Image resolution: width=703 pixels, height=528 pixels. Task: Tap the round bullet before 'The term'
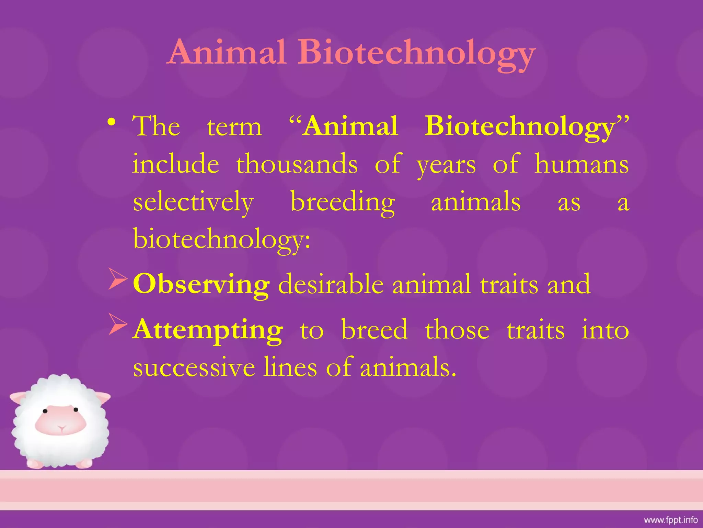coord(111,122)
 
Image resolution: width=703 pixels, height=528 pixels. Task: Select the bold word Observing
coord(201,284)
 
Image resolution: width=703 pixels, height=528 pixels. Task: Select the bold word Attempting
coord(208,330)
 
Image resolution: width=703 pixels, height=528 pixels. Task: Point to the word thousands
coord(297,164)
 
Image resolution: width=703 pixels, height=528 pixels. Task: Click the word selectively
coord(193,203)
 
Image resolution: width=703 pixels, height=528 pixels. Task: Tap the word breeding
coord(343,203)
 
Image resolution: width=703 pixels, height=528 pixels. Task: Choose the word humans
coord(581,164)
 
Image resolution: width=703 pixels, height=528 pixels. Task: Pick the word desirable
coord(331,284)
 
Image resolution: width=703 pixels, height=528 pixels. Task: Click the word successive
coord(194,367)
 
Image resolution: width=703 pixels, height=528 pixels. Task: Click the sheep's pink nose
coord(61,428)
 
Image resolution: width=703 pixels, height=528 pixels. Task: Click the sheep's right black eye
coord(76,409)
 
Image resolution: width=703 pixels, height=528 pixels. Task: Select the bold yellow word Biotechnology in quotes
coord(519,126)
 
